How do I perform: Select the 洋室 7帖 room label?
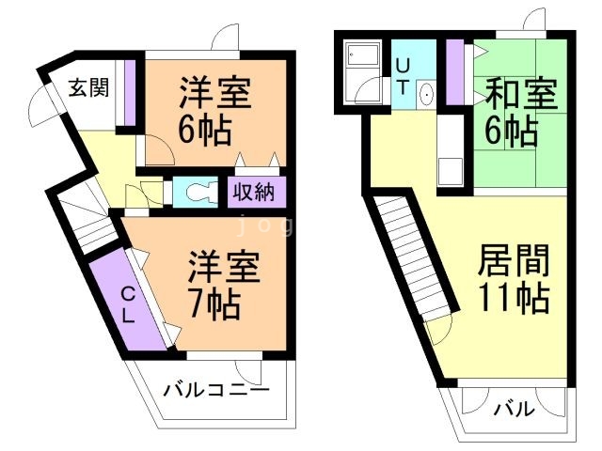coord(221,284)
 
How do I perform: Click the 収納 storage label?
coord(254,192)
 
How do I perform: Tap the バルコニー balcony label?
coord(215,389)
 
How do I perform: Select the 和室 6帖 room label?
coord(521,111)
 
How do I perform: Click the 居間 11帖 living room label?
coord(514,278)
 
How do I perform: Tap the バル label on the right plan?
coord(515,409)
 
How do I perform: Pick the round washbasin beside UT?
coord(424,94)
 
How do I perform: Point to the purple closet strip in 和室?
coord(455,71)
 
